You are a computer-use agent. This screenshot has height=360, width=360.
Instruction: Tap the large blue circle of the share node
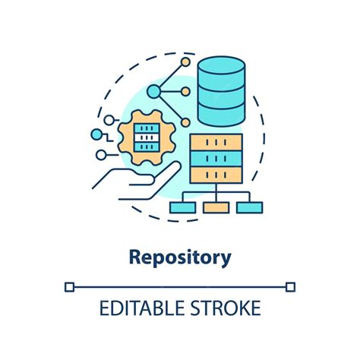pos(155,92)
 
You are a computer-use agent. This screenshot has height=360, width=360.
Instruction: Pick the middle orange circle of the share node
pos(185,91)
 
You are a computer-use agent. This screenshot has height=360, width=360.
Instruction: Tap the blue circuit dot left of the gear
pos(96,135)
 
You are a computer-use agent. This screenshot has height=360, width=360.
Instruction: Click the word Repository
pos(180,257)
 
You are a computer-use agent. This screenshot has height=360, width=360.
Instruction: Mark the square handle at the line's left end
pos(69,286)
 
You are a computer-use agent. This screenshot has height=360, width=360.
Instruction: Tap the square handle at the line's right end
pos(290,286)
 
